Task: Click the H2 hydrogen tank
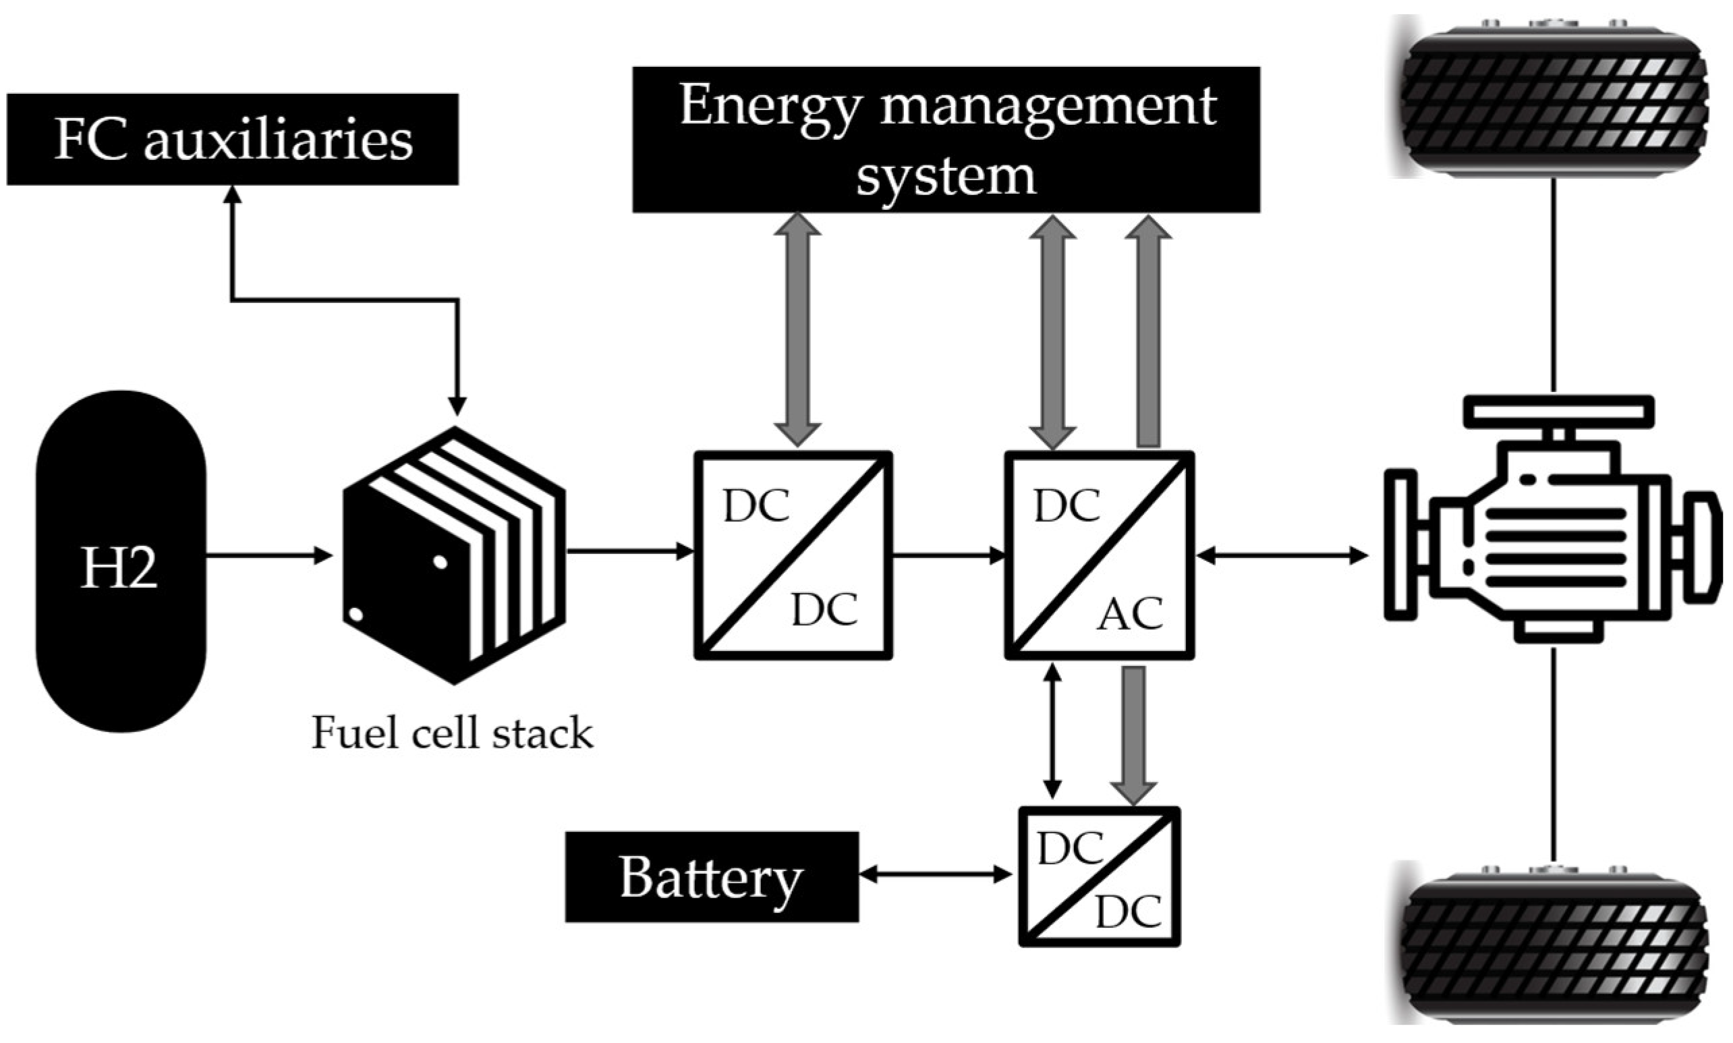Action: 121,561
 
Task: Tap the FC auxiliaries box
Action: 233,139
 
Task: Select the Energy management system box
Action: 946,139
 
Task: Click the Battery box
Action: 711,876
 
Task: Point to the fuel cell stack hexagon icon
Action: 454,555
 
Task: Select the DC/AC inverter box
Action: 1099,555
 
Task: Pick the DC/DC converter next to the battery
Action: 1099,876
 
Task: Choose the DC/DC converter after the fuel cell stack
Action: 793,555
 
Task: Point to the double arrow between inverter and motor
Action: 1282,556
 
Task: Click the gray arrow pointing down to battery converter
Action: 1133,735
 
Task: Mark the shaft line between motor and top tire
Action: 1554,285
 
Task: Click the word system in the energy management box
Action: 946,175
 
